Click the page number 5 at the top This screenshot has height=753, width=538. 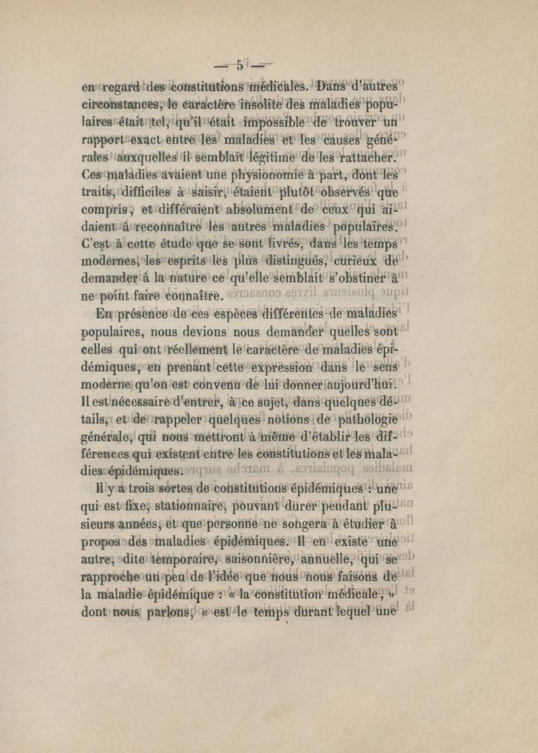pos(239,66)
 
